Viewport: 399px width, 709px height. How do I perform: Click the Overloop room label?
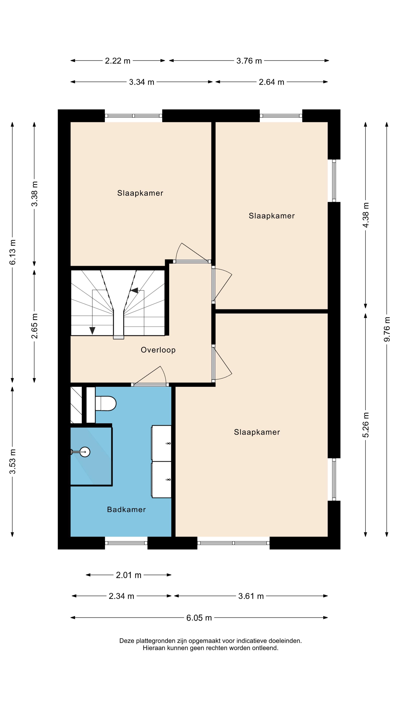158,350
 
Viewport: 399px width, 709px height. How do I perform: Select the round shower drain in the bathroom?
85,452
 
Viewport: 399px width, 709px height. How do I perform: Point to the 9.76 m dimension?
387,329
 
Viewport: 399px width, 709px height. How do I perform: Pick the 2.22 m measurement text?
118,61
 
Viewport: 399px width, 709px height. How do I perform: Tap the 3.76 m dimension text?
249,61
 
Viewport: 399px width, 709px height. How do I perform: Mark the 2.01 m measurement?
129,575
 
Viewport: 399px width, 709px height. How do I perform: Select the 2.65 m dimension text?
34,326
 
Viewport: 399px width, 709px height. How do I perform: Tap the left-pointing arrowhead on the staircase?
134,290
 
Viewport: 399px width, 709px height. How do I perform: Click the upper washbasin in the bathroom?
161,443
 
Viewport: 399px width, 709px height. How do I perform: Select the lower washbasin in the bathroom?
161,479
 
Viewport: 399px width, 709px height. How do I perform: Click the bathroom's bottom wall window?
126,543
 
